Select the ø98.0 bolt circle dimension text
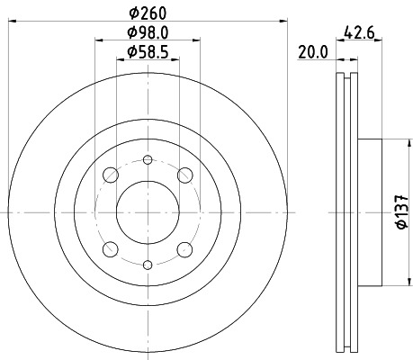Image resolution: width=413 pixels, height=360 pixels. [148, 34]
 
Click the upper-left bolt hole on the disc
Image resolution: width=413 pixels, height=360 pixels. [110, 175]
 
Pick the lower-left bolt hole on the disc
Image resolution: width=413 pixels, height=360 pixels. [110, 249]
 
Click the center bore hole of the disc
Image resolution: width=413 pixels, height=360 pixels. [148, 212]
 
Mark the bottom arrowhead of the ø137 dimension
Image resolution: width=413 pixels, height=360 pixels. [390, 283]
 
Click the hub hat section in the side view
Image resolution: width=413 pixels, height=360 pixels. [370, 212]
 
